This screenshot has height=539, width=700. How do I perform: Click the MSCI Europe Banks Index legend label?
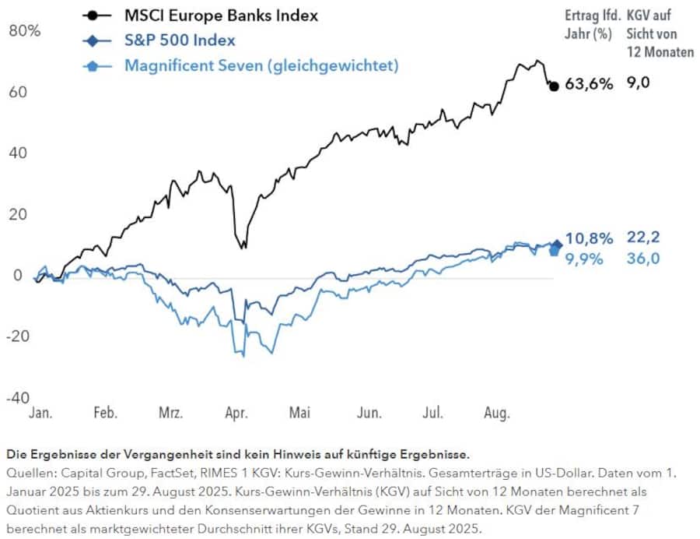[221, 15]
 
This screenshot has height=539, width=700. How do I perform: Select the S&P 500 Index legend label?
[180, 40]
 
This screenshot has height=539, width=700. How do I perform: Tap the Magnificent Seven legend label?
[261, 65]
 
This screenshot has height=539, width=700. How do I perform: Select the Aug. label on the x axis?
[497, 413]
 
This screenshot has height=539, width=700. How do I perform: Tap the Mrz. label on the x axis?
[170, 413]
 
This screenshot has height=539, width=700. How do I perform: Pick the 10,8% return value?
[588, 238]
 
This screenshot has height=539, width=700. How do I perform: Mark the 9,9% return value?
[585, 259]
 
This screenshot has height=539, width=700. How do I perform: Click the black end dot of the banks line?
[554, 86]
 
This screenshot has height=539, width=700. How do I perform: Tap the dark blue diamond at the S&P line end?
[555, 245]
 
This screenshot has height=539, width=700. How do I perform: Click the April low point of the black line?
[244, 247]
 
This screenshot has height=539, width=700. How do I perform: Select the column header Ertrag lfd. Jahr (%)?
[588, 25]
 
